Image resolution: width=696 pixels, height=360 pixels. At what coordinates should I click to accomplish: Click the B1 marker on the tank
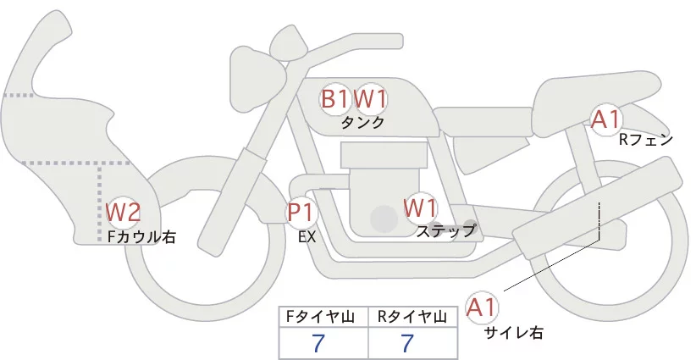334,98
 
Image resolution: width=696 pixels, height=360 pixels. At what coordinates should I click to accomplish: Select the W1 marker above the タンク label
370,98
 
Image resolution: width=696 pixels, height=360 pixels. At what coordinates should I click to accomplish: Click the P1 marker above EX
301,211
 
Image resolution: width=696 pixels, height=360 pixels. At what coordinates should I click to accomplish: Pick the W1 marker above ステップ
420,208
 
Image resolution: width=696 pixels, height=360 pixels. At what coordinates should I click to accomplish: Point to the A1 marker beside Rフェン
606,119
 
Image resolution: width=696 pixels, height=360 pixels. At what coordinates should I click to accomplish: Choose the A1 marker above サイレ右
483,307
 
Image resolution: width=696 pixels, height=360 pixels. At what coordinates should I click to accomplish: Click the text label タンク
362,123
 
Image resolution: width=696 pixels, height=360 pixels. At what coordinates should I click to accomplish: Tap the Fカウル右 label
141,237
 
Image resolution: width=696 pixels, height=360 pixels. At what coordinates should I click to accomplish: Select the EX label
307,237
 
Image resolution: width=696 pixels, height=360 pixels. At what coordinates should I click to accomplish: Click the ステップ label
446,230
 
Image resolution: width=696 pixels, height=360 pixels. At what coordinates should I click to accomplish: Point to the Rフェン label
645,140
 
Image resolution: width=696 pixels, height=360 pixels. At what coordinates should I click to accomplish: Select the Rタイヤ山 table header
413,317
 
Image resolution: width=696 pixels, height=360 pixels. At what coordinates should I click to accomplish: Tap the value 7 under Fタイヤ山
318,343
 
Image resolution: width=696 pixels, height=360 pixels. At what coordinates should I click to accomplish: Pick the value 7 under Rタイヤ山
408,343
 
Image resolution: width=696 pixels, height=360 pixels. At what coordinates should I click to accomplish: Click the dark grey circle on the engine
384,220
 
